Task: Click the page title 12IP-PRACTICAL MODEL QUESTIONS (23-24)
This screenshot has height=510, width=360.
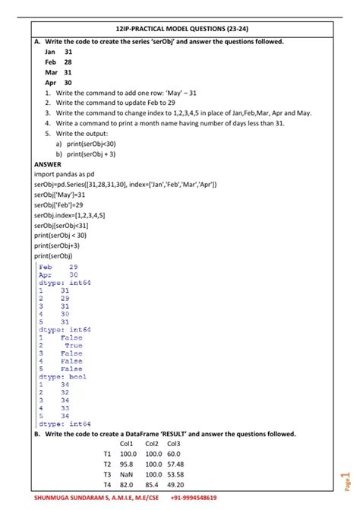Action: [x=180, y=27]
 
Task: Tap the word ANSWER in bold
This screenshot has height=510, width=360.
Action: [x=48, y=163]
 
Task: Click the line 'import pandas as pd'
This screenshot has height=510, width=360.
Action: [x=66, y=174]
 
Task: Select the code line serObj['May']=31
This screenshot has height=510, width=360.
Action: [x=60, y=195]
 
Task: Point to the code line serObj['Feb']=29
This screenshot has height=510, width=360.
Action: [x=59, y=204]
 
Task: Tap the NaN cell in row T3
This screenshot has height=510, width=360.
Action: [x=127, y=474]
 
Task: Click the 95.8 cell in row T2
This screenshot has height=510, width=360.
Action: [x=127, y=464]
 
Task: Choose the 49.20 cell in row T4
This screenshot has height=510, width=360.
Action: [x=175, y=484]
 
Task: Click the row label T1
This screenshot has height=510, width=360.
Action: [x=107, y=454]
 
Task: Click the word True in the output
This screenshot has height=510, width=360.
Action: [x=73, y=346]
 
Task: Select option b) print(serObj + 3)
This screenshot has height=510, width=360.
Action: [x=90, y=153]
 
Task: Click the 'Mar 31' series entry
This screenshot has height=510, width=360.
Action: [x=58, y=72]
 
